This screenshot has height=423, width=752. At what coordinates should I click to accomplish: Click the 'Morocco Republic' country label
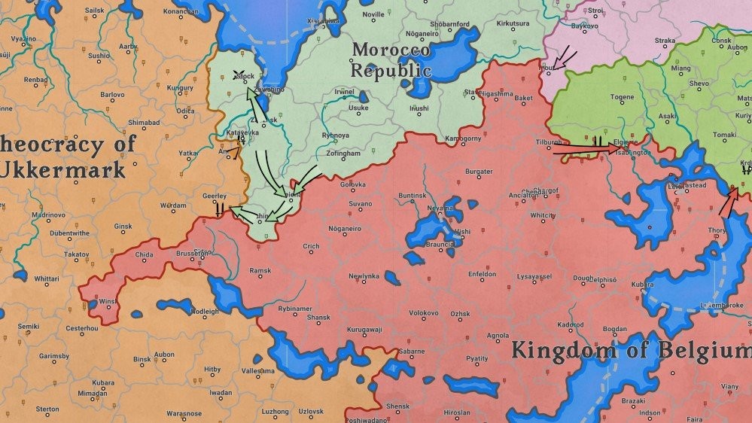point(391,60)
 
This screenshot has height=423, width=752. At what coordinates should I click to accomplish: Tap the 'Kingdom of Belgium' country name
point(631,351)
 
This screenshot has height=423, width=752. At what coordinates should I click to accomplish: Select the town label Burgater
point(479,172)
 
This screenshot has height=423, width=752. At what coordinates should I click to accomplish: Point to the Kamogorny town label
point(463,139)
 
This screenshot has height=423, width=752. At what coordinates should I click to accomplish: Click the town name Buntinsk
point(413,196)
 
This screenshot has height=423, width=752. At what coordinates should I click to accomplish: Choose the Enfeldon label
point(482,275)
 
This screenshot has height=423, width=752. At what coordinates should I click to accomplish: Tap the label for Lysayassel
point(534,277)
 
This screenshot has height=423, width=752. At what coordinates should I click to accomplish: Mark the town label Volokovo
point(424,312)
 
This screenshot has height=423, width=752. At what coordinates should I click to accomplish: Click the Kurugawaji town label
point(364,330)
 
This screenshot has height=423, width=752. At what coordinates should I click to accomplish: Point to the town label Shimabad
point(144,122)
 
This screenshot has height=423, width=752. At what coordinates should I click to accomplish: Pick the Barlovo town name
point(113,95)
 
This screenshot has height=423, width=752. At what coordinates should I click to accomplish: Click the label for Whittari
point(47,278)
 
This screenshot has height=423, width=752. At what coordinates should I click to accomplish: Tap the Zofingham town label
point(344,154)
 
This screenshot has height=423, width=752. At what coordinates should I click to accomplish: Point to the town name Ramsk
point(260,270)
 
